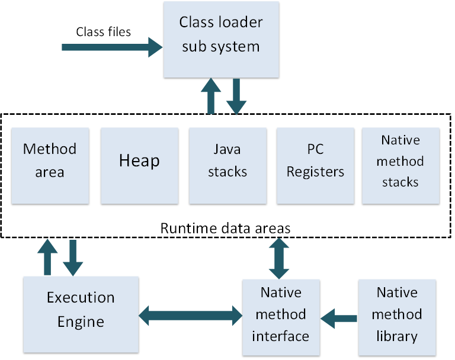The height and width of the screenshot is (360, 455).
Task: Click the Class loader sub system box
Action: tap(221, 39)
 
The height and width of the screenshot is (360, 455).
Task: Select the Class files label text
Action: tap(103, 31)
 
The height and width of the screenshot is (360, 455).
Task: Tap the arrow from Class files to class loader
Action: tap(113, 46)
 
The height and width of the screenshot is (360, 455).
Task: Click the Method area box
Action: tap(50, 166)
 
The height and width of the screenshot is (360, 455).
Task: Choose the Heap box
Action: tap(139, 166)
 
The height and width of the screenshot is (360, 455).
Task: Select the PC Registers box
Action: tap(315, 166)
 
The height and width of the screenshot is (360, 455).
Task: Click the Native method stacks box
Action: tap(401, 166)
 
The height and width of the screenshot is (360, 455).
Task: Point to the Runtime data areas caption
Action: tap(225, 227)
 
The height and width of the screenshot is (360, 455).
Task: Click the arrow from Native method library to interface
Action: tap(339, 318)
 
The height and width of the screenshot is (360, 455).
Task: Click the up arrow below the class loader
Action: tap(210, 95)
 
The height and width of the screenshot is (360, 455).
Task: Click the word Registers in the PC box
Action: tap(315, 172)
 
